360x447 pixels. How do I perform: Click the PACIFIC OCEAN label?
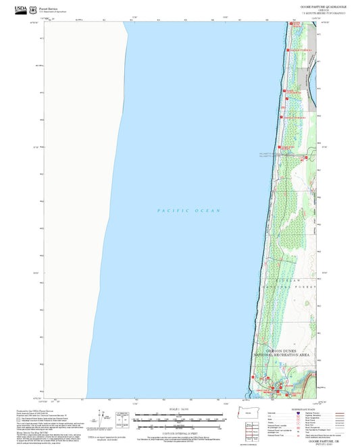(x=189, y=211)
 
